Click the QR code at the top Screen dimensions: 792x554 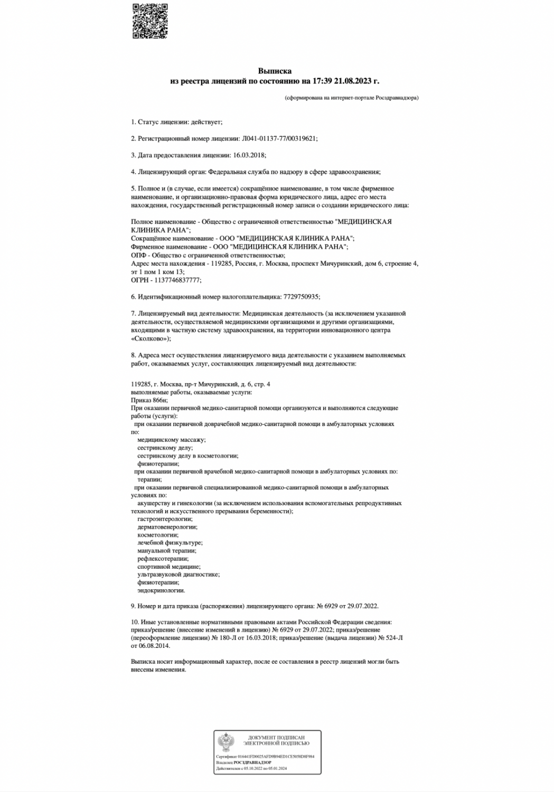151,21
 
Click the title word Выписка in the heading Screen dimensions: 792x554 275,71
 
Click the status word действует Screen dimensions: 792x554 209,122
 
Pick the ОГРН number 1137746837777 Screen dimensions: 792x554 176,280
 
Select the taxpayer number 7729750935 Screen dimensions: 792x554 301,297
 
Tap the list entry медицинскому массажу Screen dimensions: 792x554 172,440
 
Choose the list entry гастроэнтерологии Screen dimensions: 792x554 165,519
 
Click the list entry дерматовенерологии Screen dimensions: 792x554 167,527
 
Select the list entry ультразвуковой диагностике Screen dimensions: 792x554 179,574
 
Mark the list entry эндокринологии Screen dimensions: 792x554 161,590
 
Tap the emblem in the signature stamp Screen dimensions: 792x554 227,743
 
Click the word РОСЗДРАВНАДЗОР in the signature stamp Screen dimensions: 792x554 253,762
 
